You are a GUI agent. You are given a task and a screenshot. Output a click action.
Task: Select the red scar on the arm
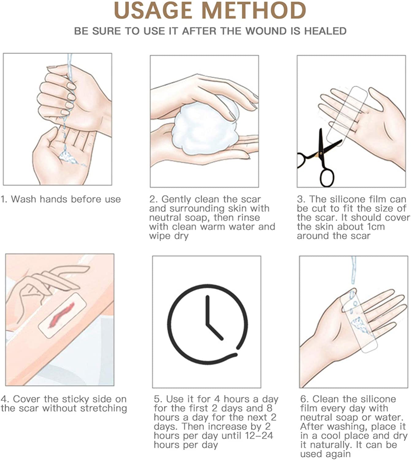[x=61, y=315]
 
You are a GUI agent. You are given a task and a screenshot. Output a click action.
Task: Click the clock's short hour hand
[x=215, y=332]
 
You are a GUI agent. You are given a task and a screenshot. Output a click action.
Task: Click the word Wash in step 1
[x=24, y=199]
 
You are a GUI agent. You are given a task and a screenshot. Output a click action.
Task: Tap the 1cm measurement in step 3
[x=375, y=227]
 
